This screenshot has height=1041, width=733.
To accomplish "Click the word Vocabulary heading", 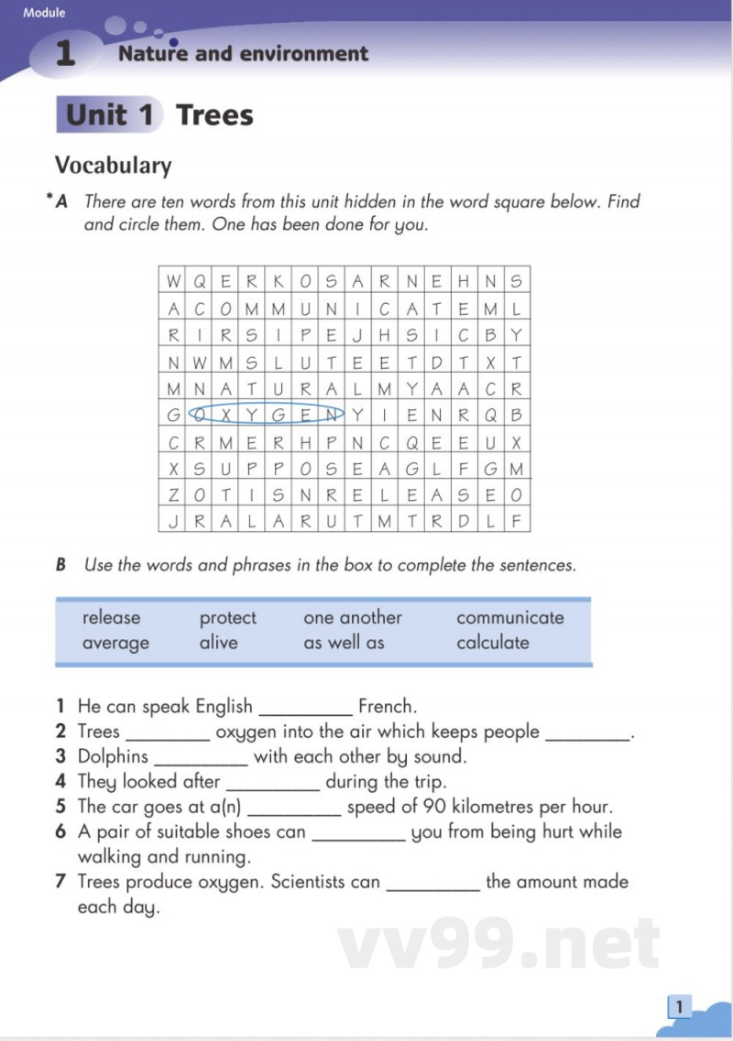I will pyautogui.click(x=114, y=166).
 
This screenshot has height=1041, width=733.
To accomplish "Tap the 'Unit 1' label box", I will pyautogui.click(x=109, y=115).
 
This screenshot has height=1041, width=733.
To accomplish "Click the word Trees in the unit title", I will pyautogui.click(x=214, y=115).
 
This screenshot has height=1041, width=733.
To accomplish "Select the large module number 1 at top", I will pyautogui.click(x=65, y=54).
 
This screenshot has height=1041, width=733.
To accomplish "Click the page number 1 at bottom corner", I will pyautogui.click(x=679, y=1007).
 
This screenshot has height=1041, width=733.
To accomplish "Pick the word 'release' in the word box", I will pyautogui.click(x=112, y=617).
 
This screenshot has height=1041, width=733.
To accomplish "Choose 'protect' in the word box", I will pyautogui.click(x=228, y=618).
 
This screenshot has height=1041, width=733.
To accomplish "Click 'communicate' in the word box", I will pyautogui.click(x=510, y=617).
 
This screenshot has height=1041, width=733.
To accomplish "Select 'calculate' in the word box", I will pyautogui.click(x=493, y=643).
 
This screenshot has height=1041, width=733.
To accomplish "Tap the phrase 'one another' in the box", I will pyautogui.click(x=353, y=617).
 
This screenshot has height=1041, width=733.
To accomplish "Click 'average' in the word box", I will pyautogui.click(x=115, y=643).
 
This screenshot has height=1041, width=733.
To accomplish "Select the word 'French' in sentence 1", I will pyautogui.click(x=387, y=706).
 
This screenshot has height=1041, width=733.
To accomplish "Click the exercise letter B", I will pyautogui.click(x=60, y=565).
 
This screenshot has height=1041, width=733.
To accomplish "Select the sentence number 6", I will pyautogui.click(x=60, y=832).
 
